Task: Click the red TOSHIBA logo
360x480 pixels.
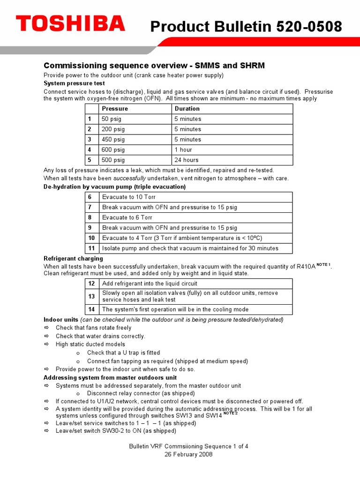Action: pyautogui.click(x=70, y=24)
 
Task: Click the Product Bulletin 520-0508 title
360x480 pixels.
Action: pyautogui.click(x=246, y=28)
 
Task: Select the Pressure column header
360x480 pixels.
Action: pyautogui.click(x=115, y=109)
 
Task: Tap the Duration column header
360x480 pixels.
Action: pyautogui.click(x=187, y=109)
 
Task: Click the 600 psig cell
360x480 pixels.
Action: pyautogui.click(x=113, y=150)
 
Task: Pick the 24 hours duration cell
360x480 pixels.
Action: pyautogui.click(x=187, y=160)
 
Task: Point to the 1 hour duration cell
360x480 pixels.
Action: pyautogui.click(x=183, y=150)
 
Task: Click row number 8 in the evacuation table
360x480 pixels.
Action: pyautogui.click(x=91, y=217)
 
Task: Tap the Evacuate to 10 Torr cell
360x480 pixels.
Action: pyautogui.click(x=129, y=197)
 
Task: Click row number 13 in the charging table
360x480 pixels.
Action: pyautogui.click(x=91, y=296)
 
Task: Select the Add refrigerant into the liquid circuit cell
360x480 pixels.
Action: pyautogui.click(x=150, y=284)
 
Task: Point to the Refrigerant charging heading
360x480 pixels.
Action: pyautogui.click(x=73, y=259)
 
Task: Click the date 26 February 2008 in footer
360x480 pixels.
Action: pyautogui.click(x=188, y=454)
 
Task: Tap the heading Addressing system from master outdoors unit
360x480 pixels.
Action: pyautogui.click(x=110, y=377)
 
